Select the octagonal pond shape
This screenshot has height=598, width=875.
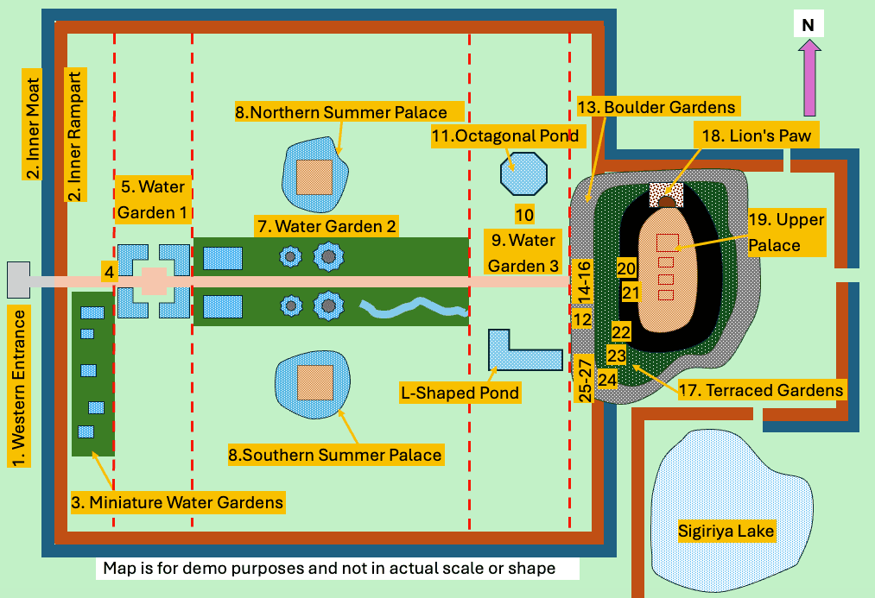pyautogui.click(x=523, y=173)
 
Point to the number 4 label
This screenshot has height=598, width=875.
pyautogui.click(x=109, y=271)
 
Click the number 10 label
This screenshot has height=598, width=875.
pyautogui.click(x=524, y=214)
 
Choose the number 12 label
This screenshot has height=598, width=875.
pyautogui.click(x=582, y=320)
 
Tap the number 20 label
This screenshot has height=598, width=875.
pyautogui.click(x=626, y=268)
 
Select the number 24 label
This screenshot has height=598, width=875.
pyautogui.click(x=607, y=379)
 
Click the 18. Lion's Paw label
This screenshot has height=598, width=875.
pyautogui.click(x=747, y=135)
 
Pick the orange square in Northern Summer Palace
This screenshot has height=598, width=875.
pyautogui.click(x=314, y=177)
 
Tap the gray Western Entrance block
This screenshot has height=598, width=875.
pyautogui.click(x=18, y=278)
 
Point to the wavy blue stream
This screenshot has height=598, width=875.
pyautogui.click(x=413, y=306)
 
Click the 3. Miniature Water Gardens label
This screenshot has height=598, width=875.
pyautogui.click(x=177, y=501)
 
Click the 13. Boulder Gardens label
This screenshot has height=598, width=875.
pyautogui.click(x=656, y=107)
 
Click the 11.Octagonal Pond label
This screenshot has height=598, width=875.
pyautogui.click(x=505, y=135)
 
